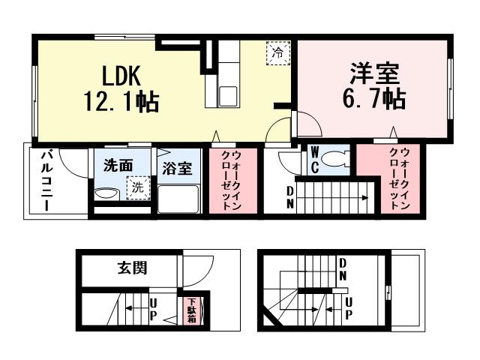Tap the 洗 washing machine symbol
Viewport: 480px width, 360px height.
tap(137, 188)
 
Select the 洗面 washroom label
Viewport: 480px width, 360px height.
tap(118, 165)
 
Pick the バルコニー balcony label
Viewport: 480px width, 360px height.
tap(46, 180)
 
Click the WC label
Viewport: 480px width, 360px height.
tap(315, 161)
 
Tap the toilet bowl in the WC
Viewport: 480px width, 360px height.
tap(339, 160)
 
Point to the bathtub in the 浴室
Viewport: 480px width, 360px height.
tap(178, 198)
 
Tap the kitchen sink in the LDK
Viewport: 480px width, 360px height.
tap(228, 95)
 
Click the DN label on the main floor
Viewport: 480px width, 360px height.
tap(290, 197)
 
